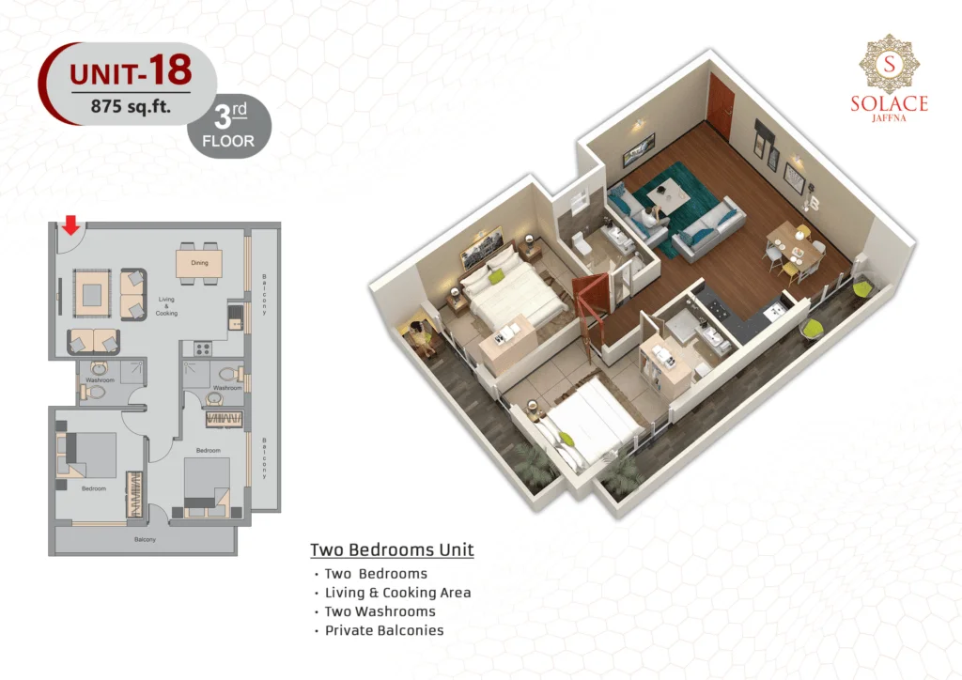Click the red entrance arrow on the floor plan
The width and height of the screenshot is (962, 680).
coord(71,225)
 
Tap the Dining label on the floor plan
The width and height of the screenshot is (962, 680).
coord(199,263)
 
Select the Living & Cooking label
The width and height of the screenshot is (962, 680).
coord(166,306)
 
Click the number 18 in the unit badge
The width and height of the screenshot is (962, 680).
coord(170,70)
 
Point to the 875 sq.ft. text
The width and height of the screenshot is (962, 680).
coord(131,107)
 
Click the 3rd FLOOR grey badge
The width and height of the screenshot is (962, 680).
coord(229,126)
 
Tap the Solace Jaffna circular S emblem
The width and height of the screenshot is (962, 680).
coord(889,64)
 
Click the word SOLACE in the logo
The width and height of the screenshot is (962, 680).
coord(889,103)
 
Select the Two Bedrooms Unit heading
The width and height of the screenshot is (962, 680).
coord(392,550)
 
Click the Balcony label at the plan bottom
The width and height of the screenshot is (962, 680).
coord(145,539)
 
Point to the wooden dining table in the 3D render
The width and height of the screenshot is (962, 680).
coord(795,244)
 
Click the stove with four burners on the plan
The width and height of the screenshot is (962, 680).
coord(203,348)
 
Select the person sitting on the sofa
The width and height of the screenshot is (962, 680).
coord(650,217)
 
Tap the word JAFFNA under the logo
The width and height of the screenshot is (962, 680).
coord(889,117)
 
